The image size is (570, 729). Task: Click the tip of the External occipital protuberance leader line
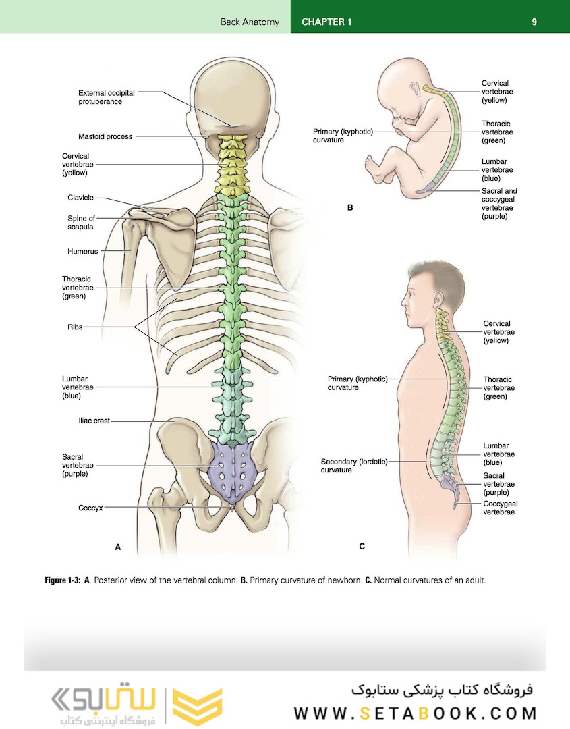point(232,126)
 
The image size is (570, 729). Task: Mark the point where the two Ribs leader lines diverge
point(135,327)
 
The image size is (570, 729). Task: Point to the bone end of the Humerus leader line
point(131,251)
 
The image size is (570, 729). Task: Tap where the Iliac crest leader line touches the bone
point(175,421)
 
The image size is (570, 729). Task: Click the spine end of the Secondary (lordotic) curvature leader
point(426,462)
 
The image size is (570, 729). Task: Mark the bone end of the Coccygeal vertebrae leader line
point(457,504)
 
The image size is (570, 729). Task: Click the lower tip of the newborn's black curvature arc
point(442,162)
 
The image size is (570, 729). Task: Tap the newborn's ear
point(414,90)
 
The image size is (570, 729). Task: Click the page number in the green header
point(534,22)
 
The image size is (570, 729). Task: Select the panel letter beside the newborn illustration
point(350,207)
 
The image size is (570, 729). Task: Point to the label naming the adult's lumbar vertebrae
point(498,454)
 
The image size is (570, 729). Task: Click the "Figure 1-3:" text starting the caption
point(62,580)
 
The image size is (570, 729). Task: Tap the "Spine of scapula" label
point(82,223)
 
